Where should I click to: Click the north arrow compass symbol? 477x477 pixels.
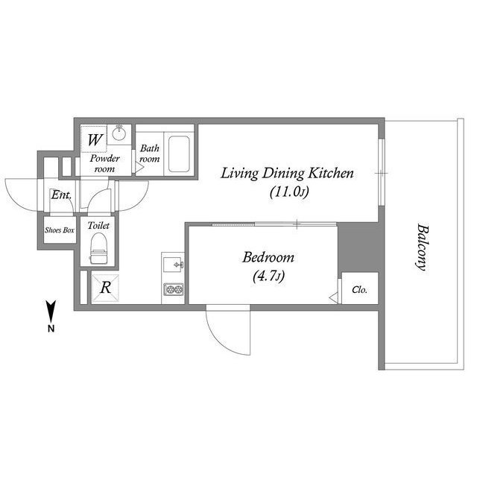(50, 312)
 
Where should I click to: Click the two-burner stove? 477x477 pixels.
(173, 290)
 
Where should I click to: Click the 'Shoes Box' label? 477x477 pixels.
(60, 231)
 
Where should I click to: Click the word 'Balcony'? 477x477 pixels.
(421, 248)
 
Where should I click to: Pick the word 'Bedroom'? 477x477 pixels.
(268, 258)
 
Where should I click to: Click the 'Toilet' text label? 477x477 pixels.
(98, 225)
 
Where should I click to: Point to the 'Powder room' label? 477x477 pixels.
(105, 164)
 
